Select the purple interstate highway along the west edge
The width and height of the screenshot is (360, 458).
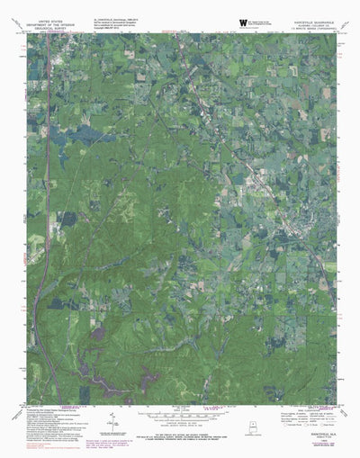pos(36,270)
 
